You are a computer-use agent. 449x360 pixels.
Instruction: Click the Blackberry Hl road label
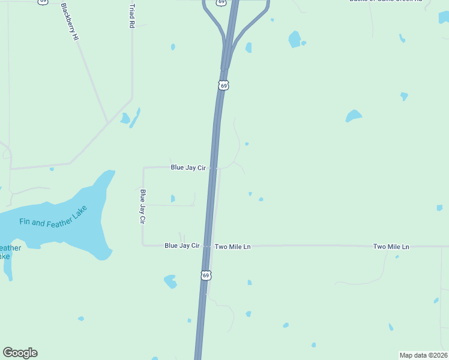click(70, 22)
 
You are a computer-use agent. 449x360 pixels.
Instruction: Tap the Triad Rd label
click(131, 16)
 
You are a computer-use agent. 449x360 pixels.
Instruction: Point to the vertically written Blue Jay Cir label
click(143, 206)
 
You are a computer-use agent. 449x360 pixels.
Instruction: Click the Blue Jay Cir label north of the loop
click(188, 168)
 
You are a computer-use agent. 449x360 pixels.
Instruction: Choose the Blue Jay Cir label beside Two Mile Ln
click(182, 246)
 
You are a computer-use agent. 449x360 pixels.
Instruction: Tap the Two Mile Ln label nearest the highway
click(232, 247)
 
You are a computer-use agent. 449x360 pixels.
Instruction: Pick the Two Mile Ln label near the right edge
click(391, 247)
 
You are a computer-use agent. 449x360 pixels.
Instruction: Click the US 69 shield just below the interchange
click(223, 86)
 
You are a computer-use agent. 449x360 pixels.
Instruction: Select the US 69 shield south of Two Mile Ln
click(206, 275)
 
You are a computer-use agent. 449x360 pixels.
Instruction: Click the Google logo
click(20, 353)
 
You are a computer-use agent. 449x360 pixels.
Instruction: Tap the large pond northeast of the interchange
click(294, 40)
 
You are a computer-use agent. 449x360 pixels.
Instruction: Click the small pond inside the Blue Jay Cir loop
click(173, 199)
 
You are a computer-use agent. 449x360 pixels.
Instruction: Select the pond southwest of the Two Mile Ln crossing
click(170, 281)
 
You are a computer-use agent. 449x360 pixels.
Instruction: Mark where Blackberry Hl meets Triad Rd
click(108, 123)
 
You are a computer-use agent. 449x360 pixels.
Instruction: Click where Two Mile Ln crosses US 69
click(208, 246)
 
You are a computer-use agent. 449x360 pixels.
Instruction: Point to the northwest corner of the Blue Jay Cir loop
click(143, 168)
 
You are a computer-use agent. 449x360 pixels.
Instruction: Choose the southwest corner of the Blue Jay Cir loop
click(143, 245)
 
